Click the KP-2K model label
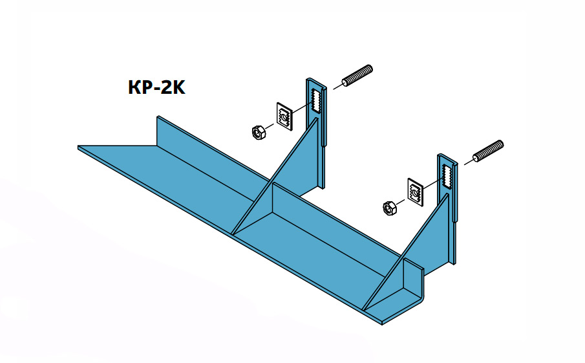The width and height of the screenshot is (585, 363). point(157,87)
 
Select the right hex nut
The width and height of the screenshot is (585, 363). point(390,208)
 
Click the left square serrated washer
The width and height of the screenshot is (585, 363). point(284,115)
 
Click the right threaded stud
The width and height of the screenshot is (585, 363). point(488,150)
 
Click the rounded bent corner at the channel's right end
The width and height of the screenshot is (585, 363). point(420,294)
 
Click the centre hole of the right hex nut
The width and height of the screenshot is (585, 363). point(390,208)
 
